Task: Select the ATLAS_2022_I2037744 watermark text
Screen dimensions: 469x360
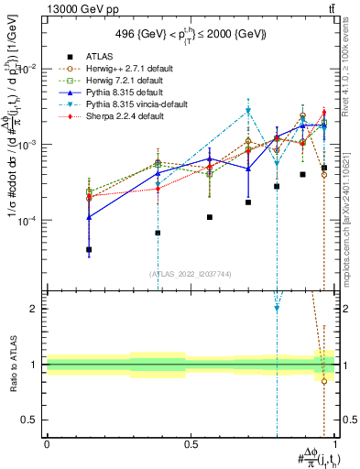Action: click(x=191, y=272)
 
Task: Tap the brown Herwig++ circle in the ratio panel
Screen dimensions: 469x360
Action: click(x=324, y=381)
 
